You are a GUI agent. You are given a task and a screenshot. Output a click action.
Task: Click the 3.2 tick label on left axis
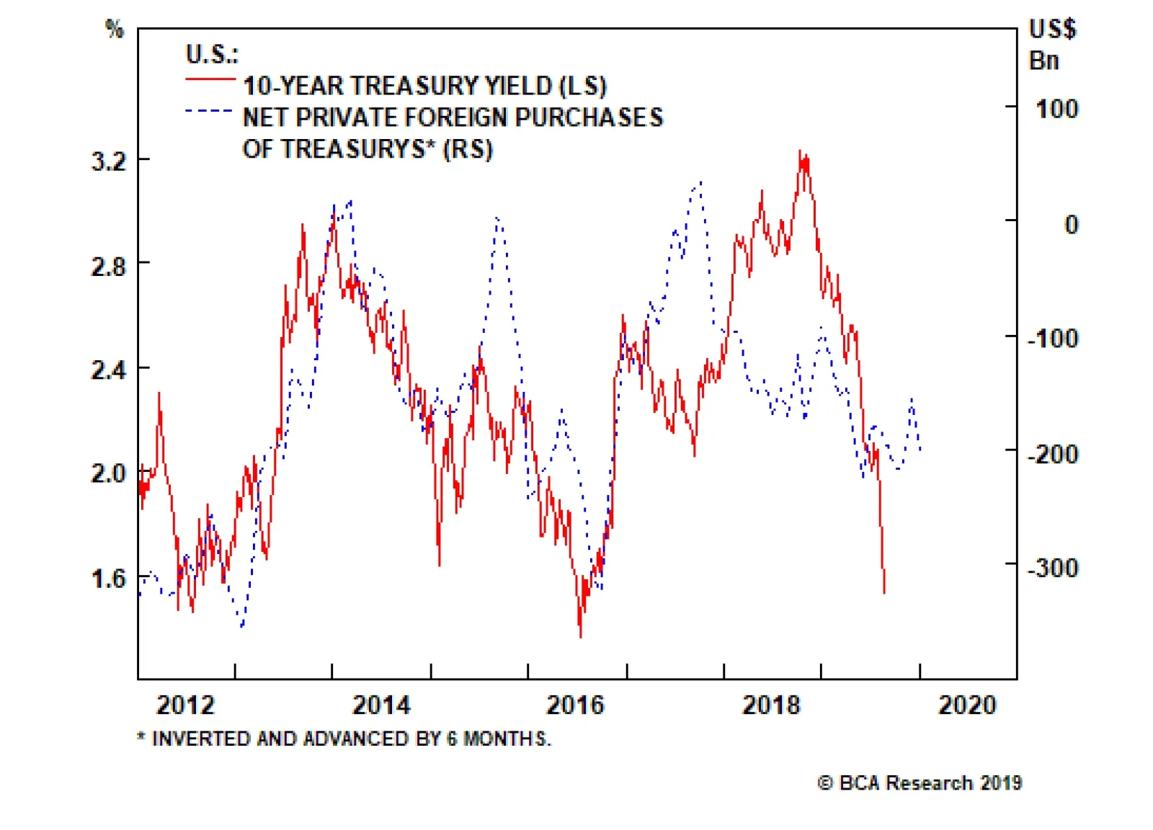click(x=109, y=161)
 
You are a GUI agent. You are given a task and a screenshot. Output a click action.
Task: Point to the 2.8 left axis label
click(x=109, y=267)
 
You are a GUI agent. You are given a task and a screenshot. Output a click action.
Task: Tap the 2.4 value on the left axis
click(x=109, y=370)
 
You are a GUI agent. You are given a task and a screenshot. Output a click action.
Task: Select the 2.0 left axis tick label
click(x=109, y=473)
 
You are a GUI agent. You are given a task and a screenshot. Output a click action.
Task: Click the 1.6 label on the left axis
click(x=109, y=578)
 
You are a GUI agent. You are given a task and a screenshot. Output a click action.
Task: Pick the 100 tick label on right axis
click(x=1056, y=110)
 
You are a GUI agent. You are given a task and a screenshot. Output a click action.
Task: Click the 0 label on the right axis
click(x=1071, y=225)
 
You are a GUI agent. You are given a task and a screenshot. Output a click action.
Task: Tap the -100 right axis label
click(x=1053, y=338)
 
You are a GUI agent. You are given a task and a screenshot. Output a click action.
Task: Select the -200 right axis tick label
click(x=1053, y=455)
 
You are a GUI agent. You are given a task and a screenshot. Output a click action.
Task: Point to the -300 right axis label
click(x=1053, y=568)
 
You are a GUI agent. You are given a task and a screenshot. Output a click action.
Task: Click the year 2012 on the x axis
click(x=185, y=705)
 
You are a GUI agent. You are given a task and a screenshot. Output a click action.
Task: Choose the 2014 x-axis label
click(x=381, y=705)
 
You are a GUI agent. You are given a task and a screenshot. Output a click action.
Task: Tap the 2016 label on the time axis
click(x=575, y=705)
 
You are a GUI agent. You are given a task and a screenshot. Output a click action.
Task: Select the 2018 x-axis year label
click(x=771, y=705)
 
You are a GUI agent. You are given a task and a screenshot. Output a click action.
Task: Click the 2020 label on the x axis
click(x=967, y=705)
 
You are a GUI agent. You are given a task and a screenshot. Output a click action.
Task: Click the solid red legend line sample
click(x=210, y=79)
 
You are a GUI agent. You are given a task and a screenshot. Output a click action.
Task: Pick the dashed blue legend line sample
click(x=209, y=111)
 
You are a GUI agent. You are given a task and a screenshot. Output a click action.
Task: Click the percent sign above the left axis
click(x=115, y=29)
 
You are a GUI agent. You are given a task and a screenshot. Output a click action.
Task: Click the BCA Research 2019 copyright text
click(x=920, y=783)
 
